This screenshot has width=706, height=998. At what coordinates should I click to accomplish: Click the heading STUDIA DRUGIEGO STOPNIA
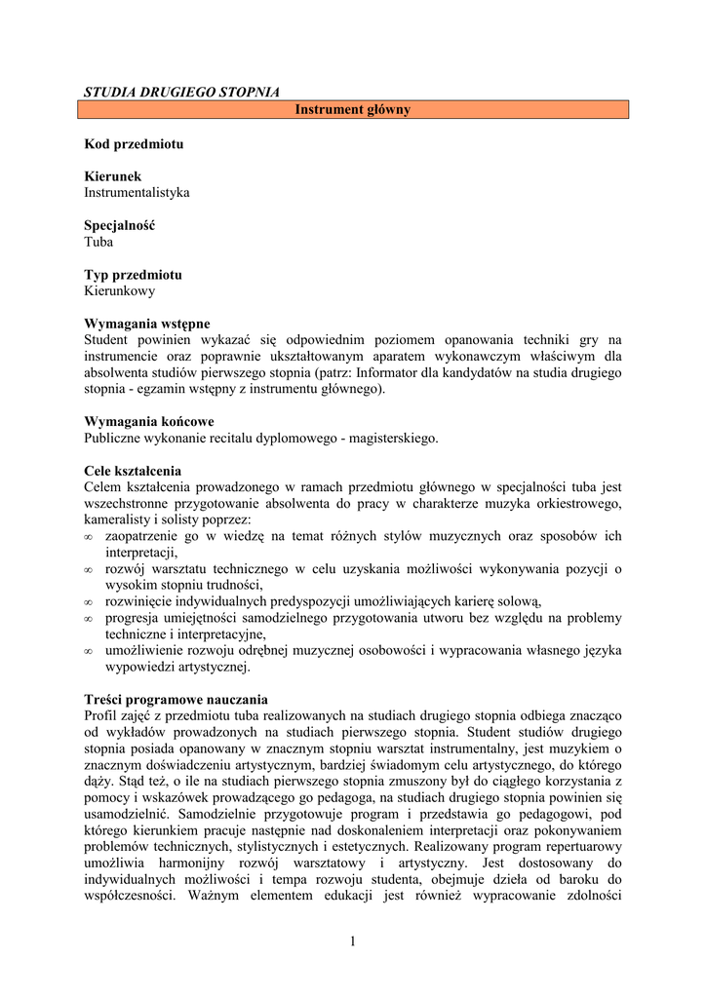tap(181, 93)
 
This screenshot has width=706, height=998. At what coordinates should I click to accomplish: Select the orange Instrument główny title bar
tap(353, 110)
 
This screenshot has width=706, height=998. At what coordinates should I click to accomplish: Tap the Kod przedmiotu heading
tap(134, 144)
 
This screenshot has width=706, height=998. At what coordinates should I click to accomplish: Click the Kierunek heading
tap(113, 176)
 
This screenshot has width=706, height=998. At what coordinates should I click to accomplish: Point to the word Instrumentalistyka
tap(137, 193)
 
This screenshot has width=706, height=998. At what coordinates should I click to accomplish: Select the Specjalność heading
tap(120, 225)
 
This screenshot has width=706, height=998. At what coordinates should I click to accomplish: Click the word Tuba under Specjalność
tap(98, 242)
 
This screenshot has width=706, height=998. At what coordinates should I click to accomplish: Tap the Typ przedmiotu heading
tap(133, 275)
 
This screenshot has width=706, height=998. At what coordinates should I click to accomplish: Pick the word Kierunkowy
tap(119, 290)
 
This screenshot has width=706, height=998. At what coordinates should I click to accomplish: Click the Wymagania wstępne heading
tap(147, 324)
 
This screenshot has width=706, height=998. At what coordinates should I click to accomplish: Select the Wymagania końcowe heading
tap(149, 422)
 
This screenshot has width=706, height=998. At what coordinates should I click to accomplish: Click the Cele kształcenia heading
tap(133, 471)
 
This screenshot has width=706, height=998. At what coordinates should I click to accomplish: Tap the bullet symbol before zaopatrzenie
tap(89, 537)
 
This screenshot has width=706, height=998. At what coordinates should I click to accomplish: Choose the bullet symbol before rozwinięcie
tap(89, 602)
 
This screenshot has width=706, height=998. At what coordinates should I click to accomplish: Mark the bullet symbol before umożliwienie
tap(89, 651)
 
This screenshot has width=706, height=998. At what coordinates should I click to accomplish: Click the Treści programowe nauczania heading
tap(176, 700)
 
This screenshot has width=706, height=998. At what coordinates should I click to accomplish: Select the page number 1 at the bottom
tap(353, 940)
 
